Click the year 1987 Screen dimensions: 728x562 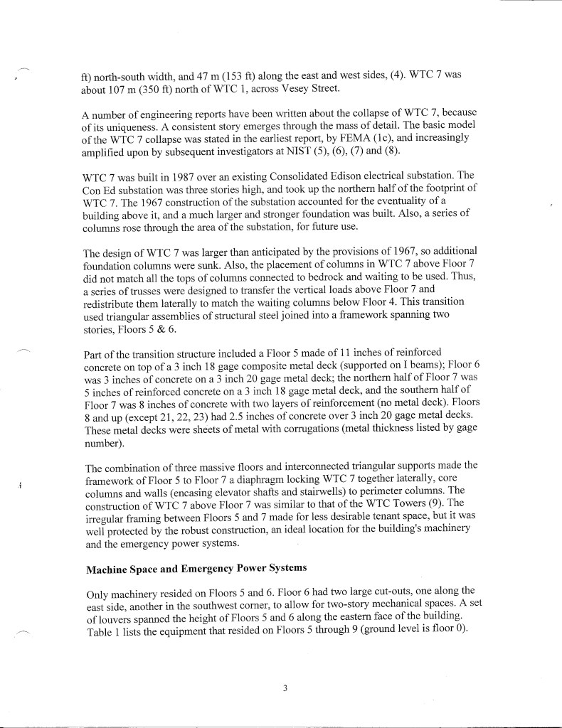(x=178, y=176)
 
